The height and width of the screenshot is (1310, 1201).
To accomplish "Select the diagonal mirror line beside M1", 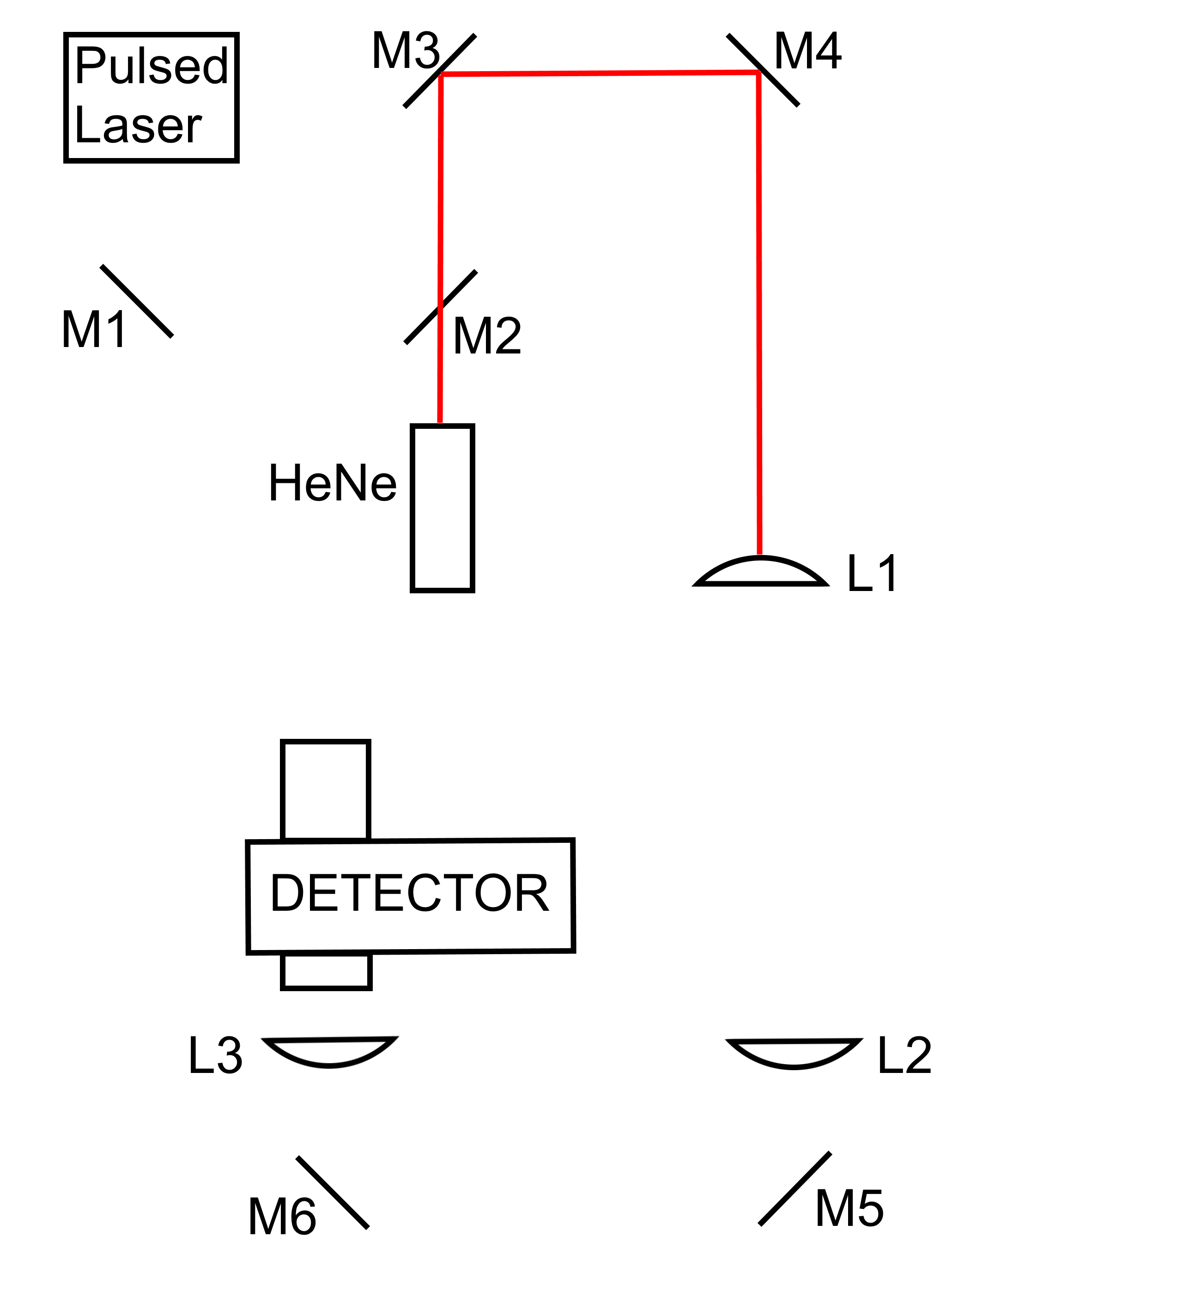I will (x=136, y=301).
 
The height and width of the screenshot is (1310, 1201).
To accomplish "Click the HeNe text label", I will (x=332, y=484).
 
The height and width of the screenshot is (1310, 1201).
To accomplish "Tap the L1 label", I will (x=872, y=574).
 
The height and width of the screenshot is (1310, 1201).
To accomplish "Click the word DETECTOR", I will (x=409, y=894).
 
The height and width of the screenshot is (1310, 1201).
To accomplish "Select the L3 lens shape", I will (x=329, y=1051).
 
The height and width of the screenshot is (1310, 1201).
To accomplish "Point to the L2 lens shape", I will (x=794, y=1053).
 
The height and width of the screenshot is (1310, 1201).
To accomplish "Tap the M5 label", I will (x=849, y=1209).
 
